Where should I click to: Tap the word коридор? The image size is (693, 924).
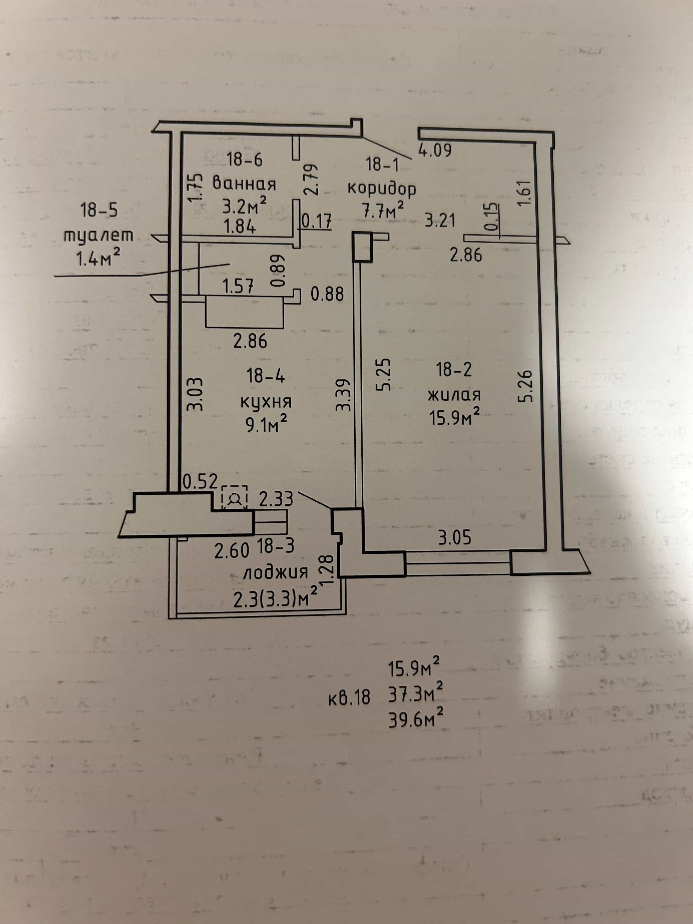[x=382, y=189]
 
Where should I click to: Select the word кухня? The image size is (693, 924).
[x=266, y=402]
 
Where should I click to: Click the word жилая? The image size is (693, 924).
[x=454, y=394]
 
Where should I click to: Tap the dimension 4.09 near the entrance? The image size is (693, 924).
[x=435, y=150]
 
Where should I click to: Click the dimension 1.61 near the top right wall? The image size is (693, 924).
[x=525, y=192]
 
